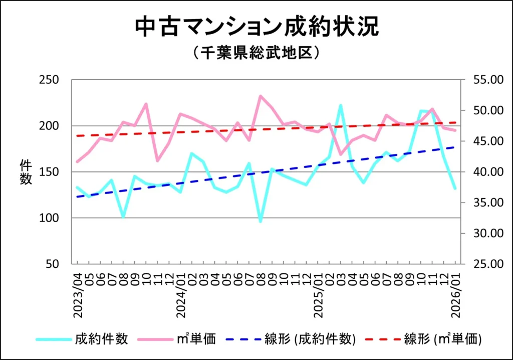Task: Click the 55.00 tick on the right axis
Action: coord(481,80)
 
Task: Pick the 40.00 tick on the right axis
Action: coord(481,172)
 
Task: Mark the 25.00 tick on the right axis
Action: coord(481,264)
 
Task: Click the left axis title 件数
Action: coord(26,171)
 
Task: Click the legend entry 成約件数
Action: coord(102,339)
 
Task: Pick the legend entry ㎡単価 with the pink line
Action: coord(197,339)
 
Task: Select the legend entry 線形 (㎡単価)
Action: coord(443,339)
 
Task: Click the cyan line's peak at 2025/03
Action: coord(341,105)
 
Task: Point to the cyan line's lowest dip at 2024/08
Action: coord(261,221)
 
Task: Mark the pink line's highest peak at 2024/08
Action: coord(261,96)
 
